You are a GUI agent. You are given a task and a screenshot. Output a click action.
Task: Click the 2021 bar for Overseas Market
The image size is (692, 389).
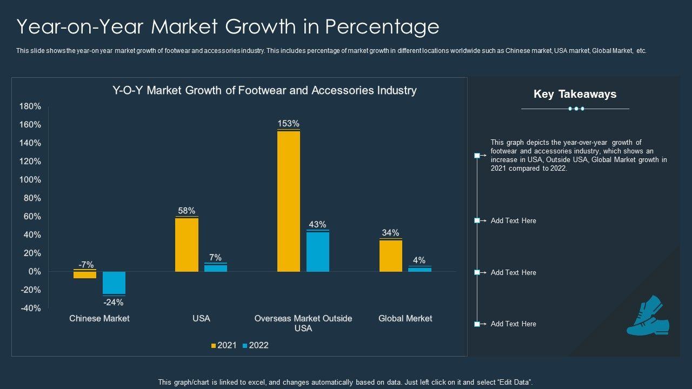pyautogui.click(x=289, y=201)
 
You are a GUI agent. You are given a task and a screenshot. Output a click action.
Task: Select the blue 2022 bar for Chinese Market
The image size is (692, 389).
pyautogui.click(x=114, y=283)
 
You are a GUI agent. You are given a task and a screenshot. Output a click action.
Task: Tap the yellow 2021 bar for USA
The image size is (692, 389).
pyautogui.click(x=187, y=244)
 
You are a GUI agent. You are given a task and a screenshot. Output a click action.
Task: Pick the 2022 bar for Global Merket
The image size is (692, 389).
pyautogui.click(x=420, y=269)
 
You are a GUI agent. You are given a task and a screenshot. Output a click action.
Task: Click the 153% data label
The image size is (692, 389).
pyautogui.click(x=289, y=124)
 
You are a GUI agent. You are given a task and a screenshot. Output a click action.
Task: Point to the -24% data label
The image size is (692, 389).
pyautogui.click(x=114, y=302)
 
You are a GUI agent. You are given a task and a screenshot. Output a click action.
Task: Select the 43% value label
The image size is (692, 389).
pyautogui.click(x=317, y=224)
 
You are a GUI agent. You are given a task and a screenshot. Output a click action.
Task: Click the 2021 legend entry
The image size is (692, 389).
pyautogui.click(x=224, y=345)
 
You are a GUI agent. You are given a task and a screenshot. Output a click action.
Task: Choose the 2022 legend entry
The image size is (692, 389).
pyautogui.click(x=255, y=345)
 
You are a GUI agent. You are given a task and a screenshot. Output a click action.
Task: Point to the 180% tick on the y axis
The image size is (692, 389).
pyautogui.click(x=30, y=106)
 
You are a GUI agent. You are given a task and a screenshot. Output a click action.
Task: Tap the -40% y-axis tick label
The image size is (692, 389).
pyautogui.click(x=30, y=308)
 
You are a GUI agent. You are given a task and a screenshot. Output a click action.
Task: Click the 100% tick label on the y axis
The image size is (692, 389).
pyautogui.click(x=30, y=180)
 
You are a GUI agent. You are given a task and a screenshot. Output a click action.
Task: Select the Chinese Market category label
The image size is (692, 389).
pyautogui.click(x=99, y=318)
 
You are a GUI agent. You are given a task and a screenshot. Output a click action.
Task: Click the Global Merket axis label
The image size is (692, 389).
pyautogui.click(x=405, y=318)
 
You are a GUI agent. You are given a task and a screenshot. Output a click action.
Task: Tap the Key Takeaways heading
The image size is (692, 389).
pyautogui.click(x=575, y=94)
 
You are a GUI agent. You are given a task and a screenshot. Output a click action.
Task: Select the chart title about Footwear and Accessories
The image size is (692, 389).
pyautogui.click(x=264, y=90)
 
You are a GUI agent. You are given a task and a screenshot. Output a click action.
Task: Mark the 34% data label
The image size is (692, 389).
pyautogui.click(x=390, y=233)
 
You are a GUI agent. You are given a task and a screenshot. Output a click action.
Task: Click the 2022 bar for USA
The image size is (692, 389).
pyautogui.click(x=216, y=268)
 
